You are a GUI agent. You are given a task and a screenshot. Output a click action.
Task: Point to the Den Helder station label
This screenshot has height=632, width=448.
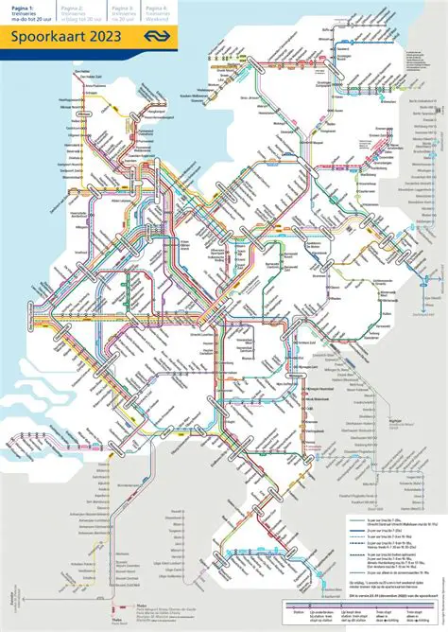(83, 69)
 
